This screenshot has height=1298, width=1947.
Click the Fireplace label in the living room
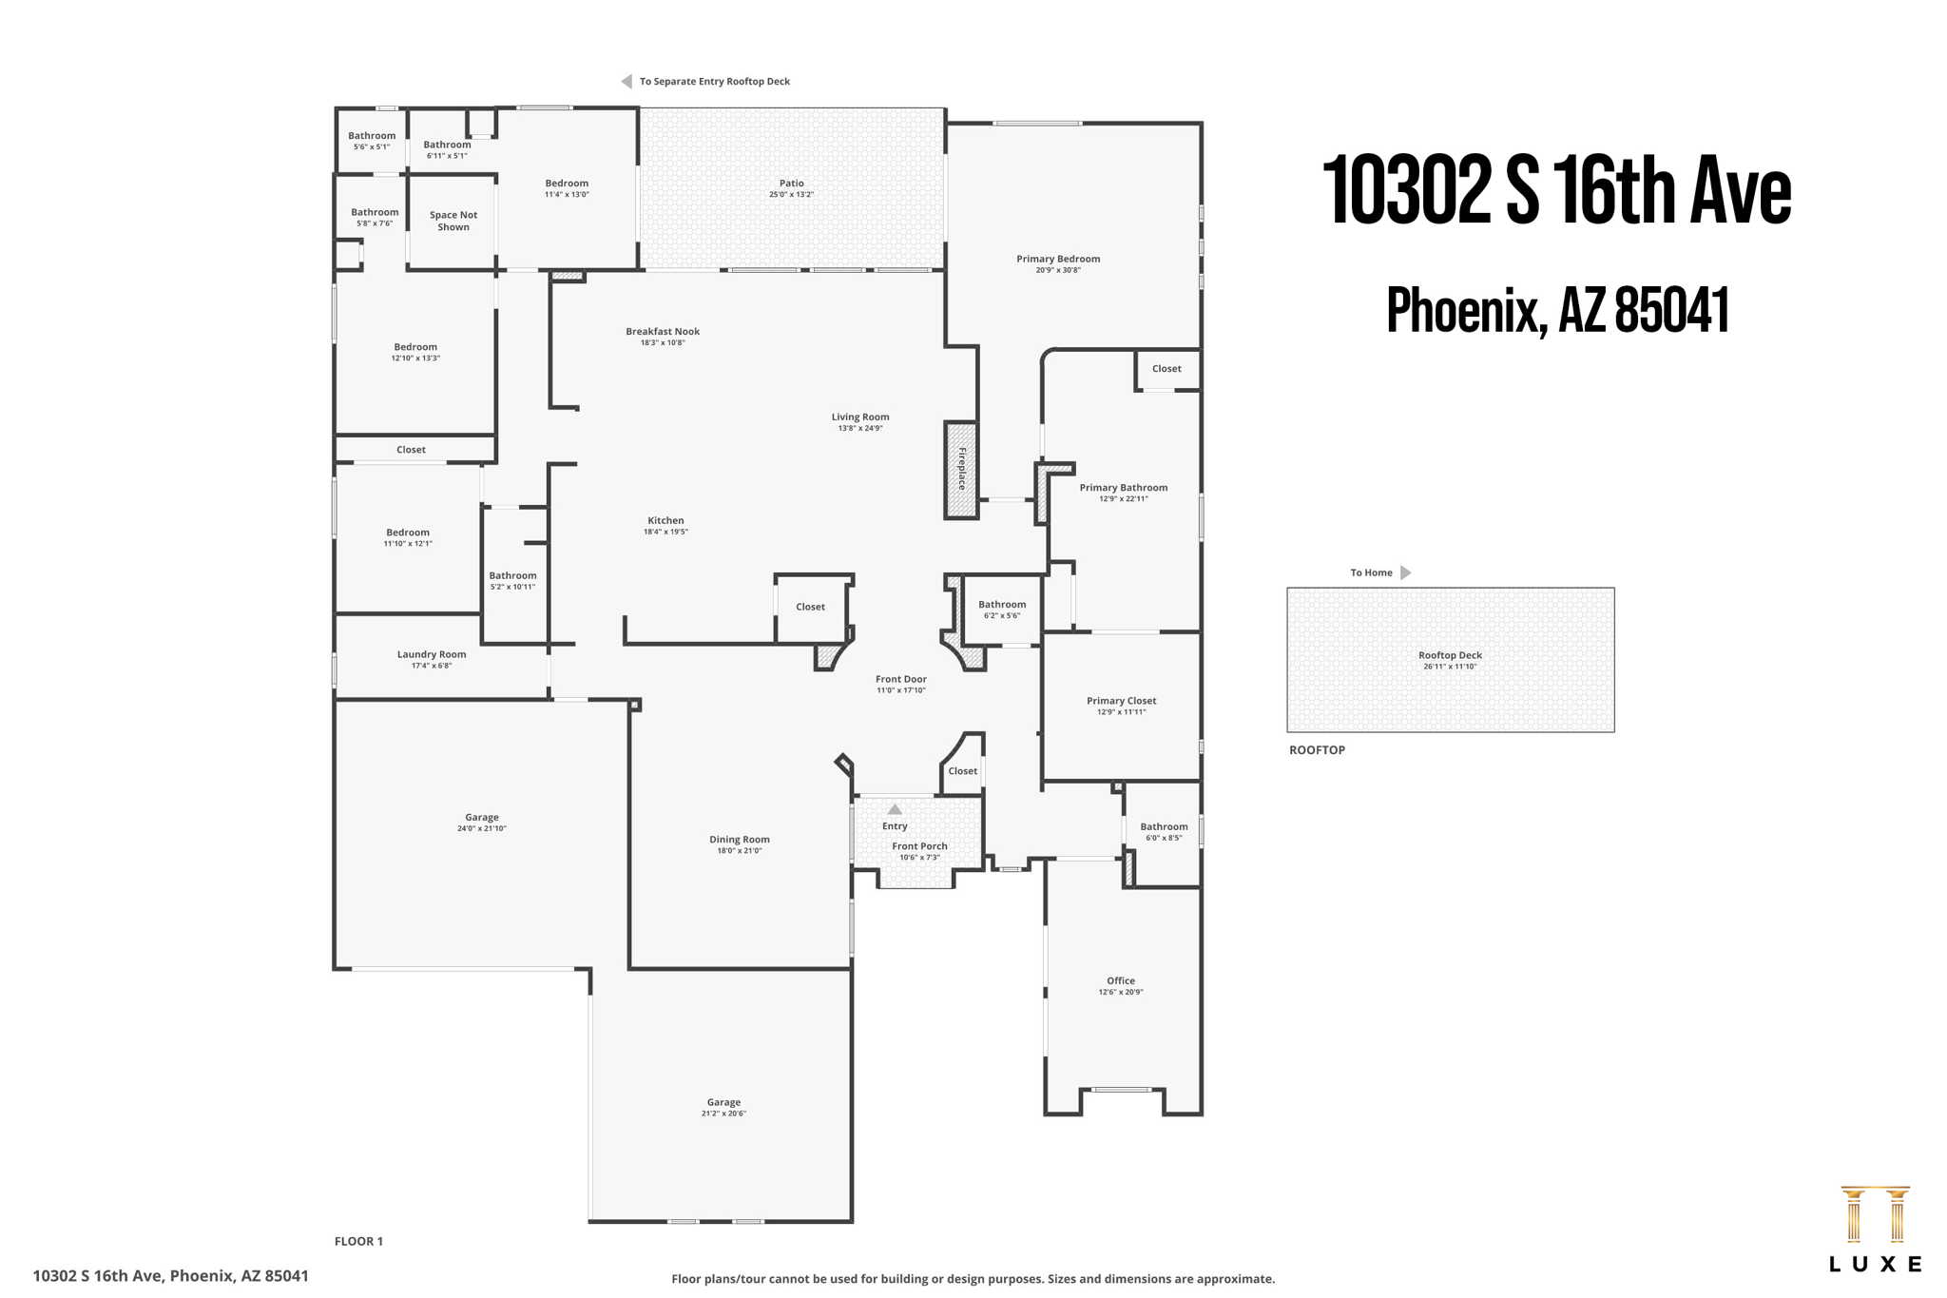point(961,470)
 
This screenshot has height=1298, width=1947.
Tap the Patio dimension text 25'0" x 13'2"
point(791,195)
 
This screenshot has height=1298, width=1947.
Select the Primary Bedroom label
point(1057,259)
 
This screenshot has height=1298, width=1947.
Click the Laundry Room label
point(431,654)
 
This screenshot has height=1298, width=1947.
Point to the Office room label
point(1120,980)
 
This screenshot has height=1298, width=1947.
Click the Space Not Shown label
point(453,221)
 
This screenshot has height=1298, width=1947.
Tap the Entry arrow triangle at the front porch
point(894,809)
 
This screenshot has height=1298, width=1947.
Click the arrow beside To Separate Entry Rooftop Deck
point(627,82)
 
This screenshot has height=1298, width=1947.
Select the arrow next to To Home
point(1405,572)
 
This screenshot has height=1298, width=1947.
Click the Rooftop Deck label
point(1449,655)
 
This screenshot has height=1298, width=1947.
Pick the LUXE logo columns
point(1874,1214)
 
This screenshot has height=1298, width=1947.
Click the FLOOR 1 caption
point(358,1241)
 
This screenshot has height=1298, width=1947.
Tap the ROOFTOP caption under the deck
point(1316,750)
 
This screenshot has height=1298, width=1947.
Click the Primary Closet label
point(1121,701)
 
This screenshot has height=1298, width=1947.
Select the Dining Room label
point(739,840)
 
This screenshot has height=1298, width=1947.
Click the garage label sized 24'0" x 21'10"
point(481,818)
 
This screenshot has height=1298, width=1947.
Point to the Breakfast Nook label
point(662,332)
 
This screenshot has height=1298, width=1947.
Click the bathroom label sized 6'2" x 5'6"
point(1001,605)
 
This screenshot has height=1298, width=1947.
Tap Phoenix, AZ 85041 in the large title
point(1556,310)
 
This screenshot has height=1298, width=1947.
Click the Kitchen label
point(665,521)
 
